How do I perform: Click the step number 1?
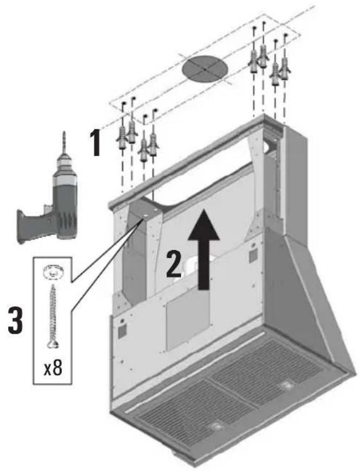point(95,143)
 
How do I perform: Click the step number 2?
point(174,264)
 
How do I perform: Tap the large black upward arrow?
point(204,249)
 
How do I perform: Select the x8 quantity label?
point(53,368)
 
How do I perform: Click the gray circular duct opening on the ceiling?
point(205,69)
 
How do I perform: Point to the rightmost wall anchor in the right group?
point(284,68)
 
